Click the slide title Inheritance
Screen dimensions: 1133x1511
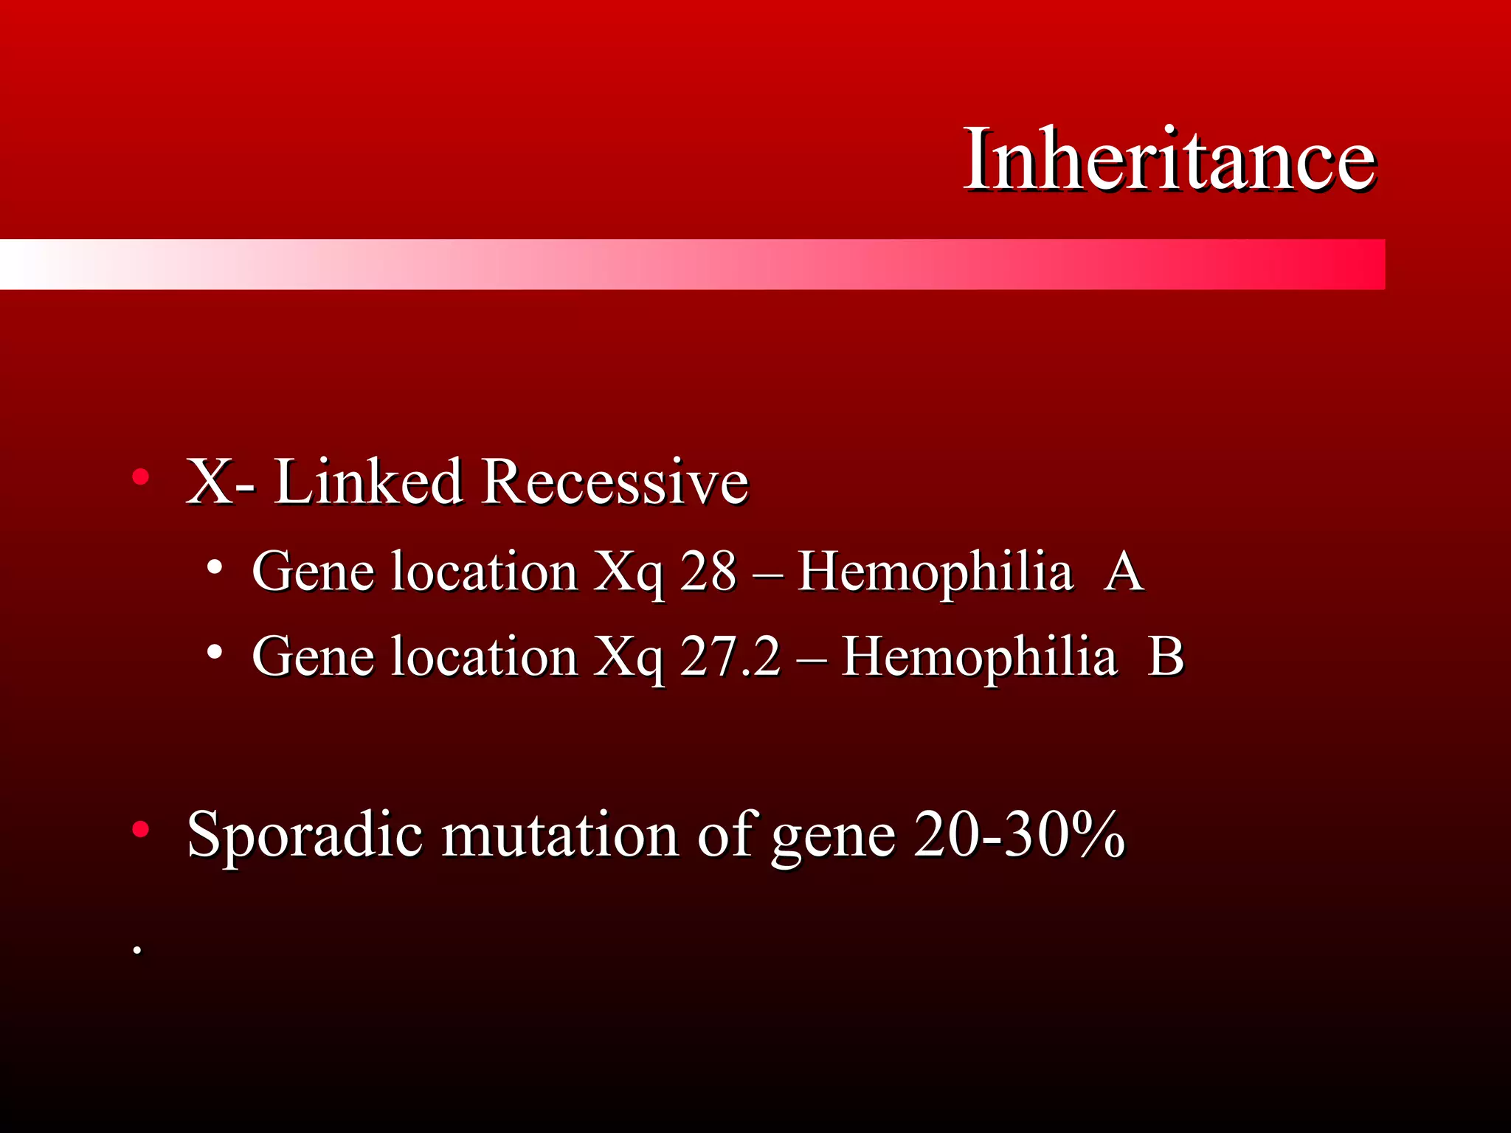(x=1169, y=159)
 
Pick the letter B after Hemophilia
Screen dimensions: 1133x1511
(x=1166, y=656)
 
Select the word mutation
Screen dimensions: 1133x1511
(x=560, y=835)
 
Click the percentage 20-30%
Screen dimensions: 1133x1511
(x=1019, y=835)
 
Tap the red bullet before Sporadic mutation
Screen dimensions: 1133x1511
(x=140, y=830)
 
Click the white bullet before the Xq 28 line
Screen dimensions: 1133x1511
(x=215, y=567)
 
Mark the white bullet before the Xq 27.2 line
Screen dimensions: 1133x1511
(x=215, y=652)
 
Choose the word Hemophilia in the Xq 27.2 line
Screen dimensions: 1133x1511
(x=978, y=656)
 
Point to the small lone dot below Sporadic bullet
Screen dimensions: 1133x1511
(x=136, y=950)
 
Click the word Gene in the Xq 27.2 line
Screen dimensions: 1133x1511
(x=313, y=656)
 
